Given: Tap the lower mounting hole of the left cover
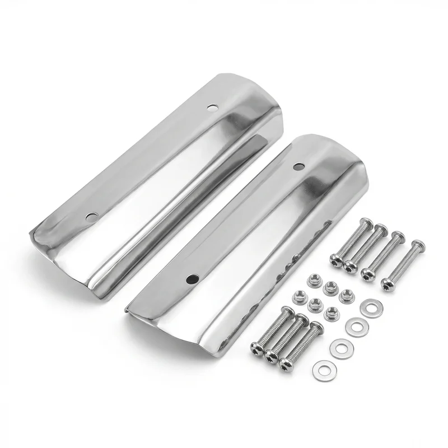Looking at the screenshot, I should click(91, 216).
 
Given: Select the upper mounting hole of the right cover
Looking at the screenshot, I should click(298, 166).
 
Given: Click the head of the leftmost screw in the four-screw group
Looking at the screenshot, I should click(337, 259).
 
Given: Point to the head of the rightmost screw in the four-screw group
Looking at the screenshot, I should click(388, 284).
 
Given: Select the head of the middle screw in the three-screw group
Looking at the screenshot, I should click(272, 354).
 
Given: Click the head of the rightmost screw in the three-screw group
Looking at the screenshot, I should click(286, 363).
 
